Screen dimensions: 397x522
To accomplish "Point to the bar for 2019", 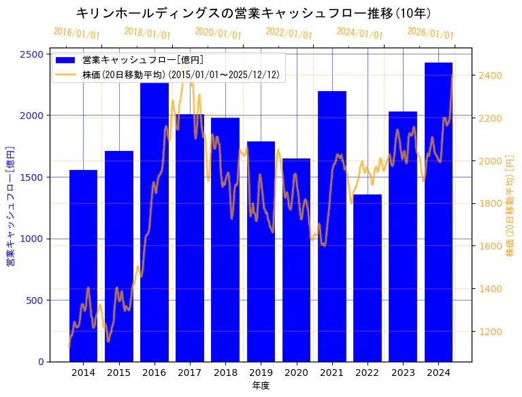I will click(x=261, y=251).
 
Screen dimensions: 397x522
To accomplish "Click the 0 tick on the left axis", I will click(x=42, y=362).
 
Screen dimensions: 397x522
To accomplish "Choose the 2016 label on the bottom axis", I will click(x=154, y=373).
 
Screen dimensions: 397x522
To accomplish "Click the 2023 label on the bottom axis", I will click(x=403, y=373).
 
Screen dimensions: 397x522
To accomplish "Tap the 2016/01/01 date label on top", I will click(x=76, y=33).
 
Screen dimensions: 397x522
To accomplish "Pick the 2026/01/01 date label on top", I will click(x=430, y=33).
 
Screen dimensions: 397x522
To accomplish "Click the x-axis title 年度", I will click(x=261, y=385).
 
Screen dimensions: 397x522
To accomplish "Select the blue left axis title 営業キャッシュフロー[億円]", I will click(x=10, y=205).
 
